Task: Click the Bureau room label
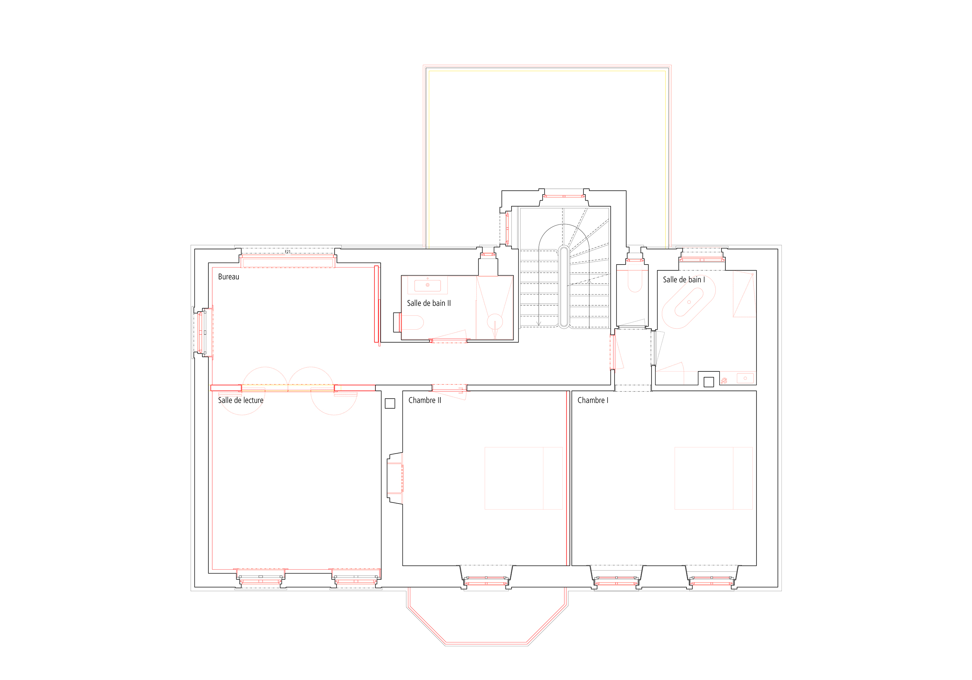point(229,277)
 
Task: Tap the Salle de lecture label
point(240,400)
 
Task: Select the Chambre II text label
point(425,400)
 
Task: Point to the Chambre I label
point(593,400)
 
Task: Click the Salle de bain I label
point(684,280)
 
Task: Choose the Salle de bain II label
point(429,303)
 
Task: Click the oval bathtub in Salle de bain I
point(689,302)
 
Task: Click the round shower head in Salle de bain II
point(495,322)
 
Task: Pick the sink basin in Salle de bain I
point(745,378)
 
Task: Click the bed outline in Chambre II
point(524,478)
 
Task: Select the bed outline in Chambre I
point(713,478)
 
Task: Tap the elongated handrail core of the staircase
point(563,287)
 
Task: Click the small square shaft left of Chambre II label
point(390,404)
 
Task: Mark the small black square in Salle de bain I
point(709,382)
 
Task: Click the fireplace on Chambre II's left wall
point(395,479)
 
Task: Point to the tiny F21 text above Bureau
point(287,252)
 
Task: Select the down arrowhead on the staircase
point(539,324)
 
